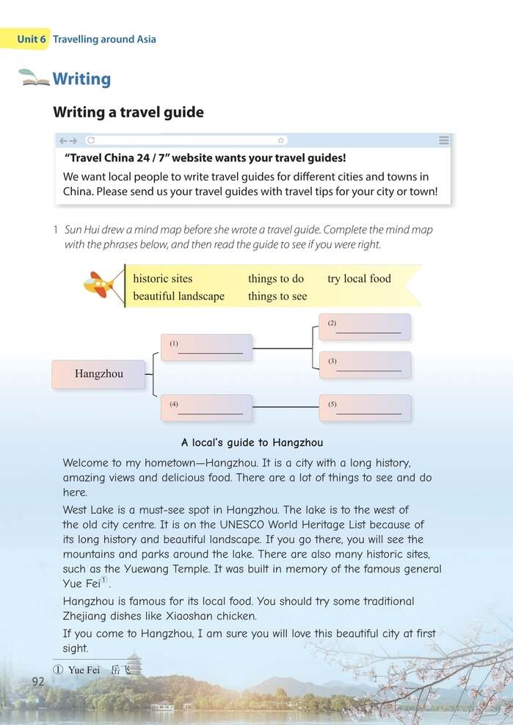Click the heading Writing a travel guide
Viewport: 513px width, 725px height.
pos(128,112)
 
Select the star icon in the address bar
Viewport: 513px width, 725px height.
pos(280,140)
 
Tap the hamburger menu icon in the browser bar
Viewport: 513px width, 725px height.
pos(443,140)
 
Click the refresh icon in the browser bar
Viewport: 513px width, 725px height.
pos(91,140)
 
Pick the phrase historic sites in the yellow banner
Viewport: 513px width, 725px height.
pos(162,279)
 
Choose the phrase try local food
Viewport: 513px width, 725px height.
pos(359,279)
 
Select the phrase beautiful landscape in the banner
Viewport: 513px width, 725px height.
pos(178,296)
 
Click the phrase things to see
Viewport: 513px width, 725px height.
pos(277,296)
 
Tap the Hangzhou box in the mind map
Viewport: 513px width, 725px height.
pos(98,374)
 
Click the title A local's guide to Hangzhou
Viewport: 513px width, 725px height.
pos(252,442)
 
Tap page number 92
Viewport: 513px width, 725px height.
pos(39,682)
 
